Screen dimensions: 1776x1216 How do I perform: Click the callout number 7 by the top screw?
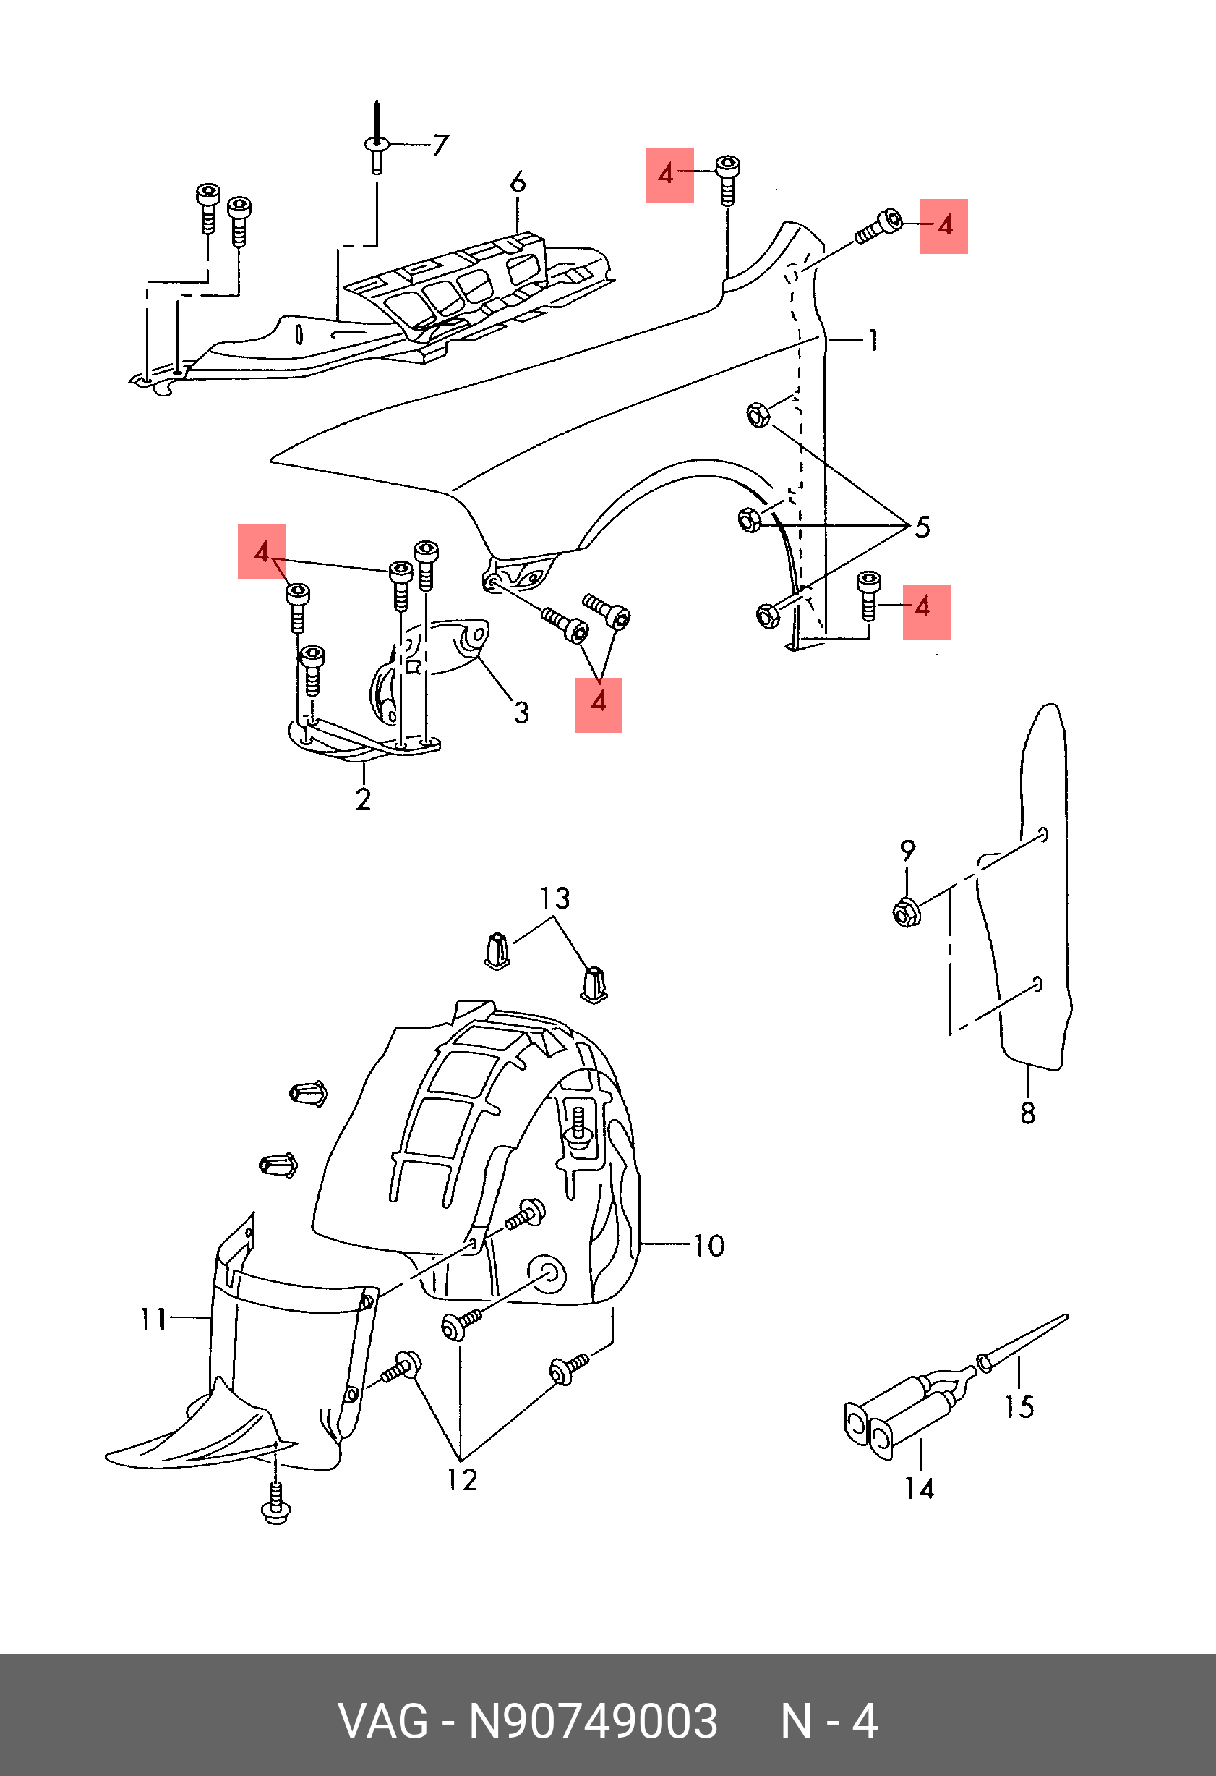[x=440, y=145]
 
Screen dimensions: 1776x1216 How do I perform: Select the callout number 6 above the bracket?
[x=518, y=182]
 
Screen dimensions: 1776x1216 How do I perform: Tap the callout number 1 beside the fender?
[x=873, y=340]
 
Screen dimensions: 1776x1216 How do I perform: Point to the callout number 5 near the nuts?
[x=922, y=527]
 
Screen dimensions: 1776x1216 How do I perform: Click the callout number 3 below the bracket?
[x=521, y=713]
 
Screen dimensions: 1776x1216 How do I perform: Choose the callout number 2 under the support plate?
[x=364, y=799]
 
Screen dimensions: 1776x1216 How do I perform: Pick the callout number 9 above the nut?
[x=907, y=850]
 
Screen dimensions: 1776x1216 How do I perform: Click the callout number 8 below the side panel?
[x=1028, y=1113]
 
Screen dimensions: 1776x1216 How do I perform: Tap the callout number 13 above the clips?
[x=555, y=898]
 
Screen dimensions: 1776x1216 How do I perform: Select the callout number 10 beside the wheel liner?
[x=708, y=1246]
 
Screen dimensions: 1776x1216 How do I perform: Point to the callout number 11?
[x=153, y=1318]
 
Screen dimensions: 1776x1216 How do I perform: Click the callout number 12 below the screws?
[x=462, y=1480]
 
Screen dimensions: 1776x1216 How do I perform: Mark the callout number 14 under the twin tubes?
[x=920, y=1489]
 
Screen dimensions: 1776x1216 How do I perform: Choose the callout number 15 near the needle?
[x=1019, y=1406]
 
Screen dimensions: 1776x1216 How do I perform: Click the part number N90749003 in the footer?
[x=593, y=1721]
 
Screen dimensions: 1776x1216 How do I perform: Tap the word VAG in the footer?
[x=383, y=1721]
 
